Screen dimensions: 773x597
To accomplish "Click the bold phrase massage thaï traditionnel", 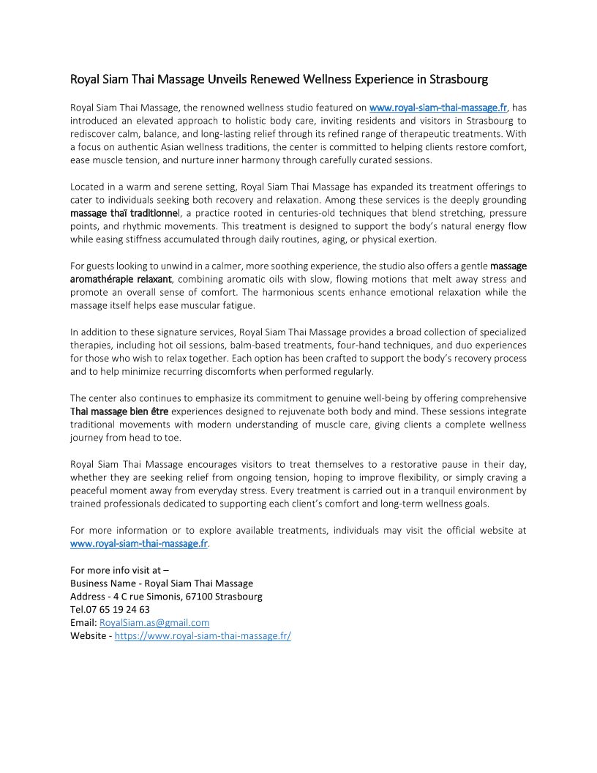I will pos(124,213).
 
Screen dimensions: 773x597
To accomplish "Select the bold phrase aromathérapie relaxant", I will pos(121,279).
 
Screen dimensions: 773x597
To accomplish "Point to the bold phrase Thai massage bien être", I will pos(119,411).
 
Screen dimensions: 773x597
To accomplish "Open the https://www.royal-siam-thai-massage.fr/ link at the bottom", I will pos(203,636).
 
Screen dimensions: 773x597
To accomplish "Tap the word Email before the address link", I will pos(83,623).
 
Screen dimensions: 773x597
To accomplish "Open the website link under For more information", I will pos(139,544).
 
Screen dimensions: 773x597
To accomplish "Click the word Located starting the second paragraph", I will pos(88,187).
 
